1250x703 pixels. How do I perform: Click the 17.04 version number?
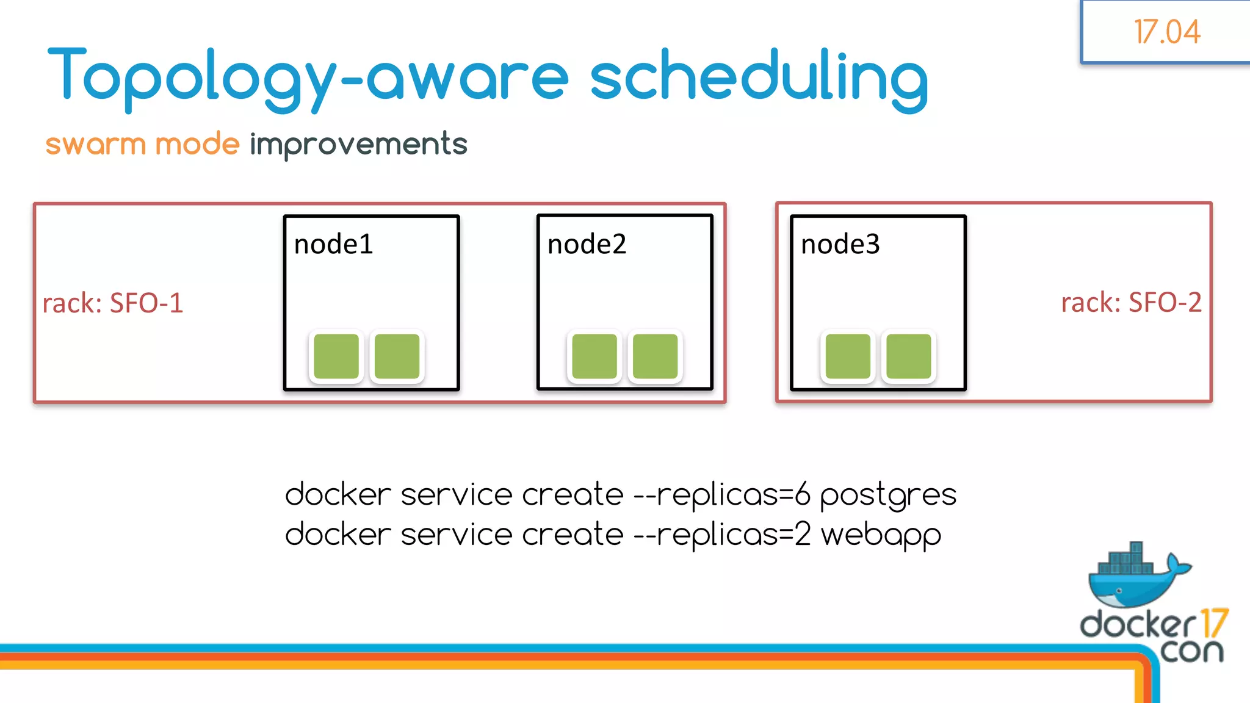pos(1166,32)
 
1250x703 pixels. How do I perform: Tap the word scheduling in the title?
pos(759,78)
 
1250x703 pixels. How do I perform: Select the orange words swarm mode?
pos(142,145)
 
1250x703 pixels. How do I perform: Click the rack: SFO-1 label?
pos(113,303)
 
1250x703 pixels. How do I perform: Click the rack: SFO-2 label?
pos(1131,303)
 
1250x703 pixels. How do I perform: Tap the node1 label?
pos(333,245)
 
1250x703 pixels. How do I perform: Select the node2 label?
pos(587,245)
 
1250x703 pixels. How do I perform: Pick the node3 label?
pos(840,245)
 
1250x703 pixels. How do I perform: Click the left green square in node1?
pos(336,356)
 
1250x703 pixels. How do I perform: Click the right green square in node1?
pos(397,356)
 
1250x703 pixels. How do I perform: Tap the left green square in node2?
pos(594,356)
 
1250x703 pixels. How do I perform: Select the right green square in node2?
pos(655,356)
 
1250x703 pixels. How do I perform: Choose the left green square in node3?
pos(848,356)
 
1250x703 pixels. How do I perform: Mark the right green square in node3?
pos(908,356)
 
